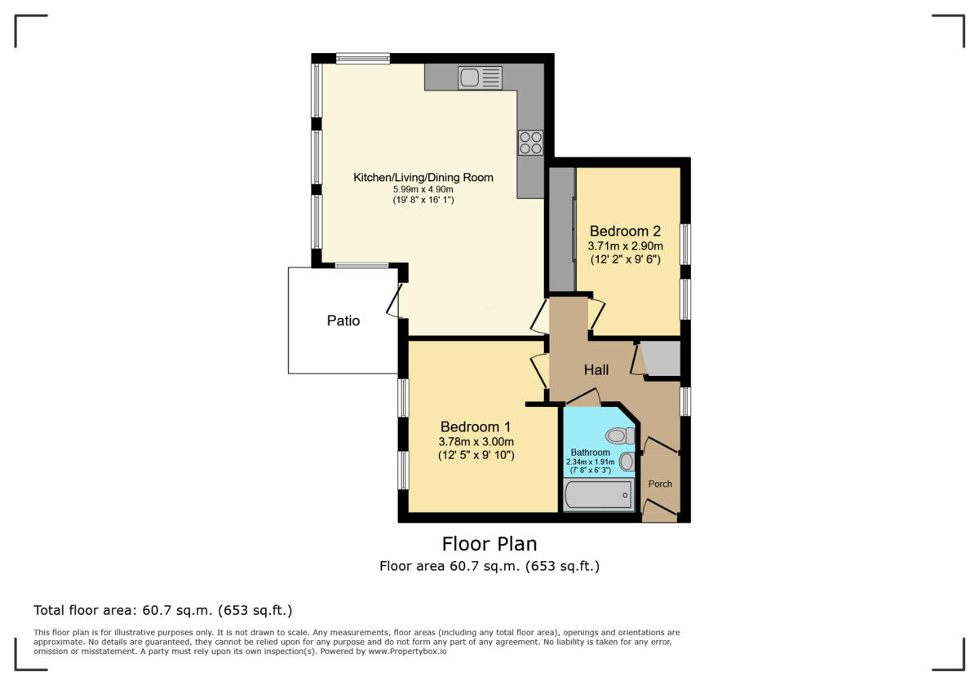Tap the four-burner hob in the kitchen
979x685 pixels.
[x=530, y=143]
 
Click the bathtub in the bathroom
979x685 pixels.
[x=599, y=494]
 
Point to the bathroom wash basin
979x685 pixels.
[x=626, y=462]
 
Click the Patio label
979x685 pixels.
[x=343, y=320]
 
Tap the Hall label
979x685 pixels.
[x=596, y=370]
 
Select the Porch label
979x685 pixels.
[x=660, y=484]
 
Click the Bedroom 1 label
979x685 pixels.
[x=476, y=426]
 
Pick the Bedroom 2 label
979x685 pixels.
[x=625, y=231]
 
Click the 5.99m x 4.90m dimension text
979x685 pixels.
[x=423, y=189]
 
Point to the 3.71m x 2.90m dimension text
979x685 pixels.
[x=625, y=245]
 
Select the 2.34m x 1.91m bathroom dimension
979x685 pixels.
[x=590, y=462]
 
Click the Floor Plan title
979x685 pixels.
[x=489, y=543]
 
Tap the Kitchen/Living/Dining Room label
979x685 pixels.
[x=423, y=177]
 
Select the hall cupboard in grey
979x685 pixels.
[x=662, y=359]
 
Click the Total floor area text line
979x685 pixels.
[x=162, y=610]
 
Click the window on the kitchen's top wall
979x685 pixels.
[x=362, y=58]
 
